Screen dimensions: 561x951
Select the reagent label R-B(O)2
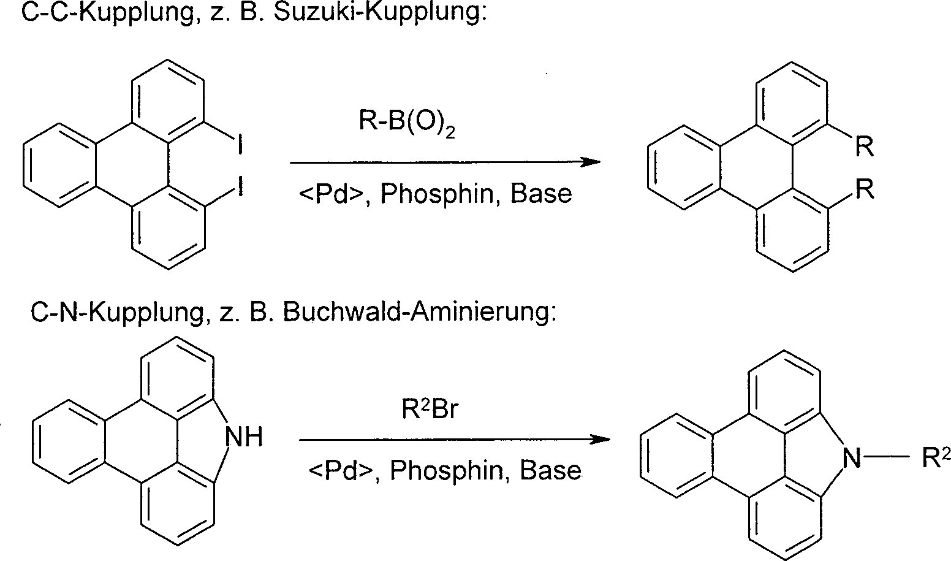[407, 123]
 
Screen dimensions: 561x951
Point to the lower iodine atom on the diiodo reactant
[239, 186]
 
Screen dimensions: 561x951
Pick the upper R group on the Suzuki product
[865, 147]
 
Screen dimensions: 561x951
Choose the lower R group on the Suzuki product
[865, 190]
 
